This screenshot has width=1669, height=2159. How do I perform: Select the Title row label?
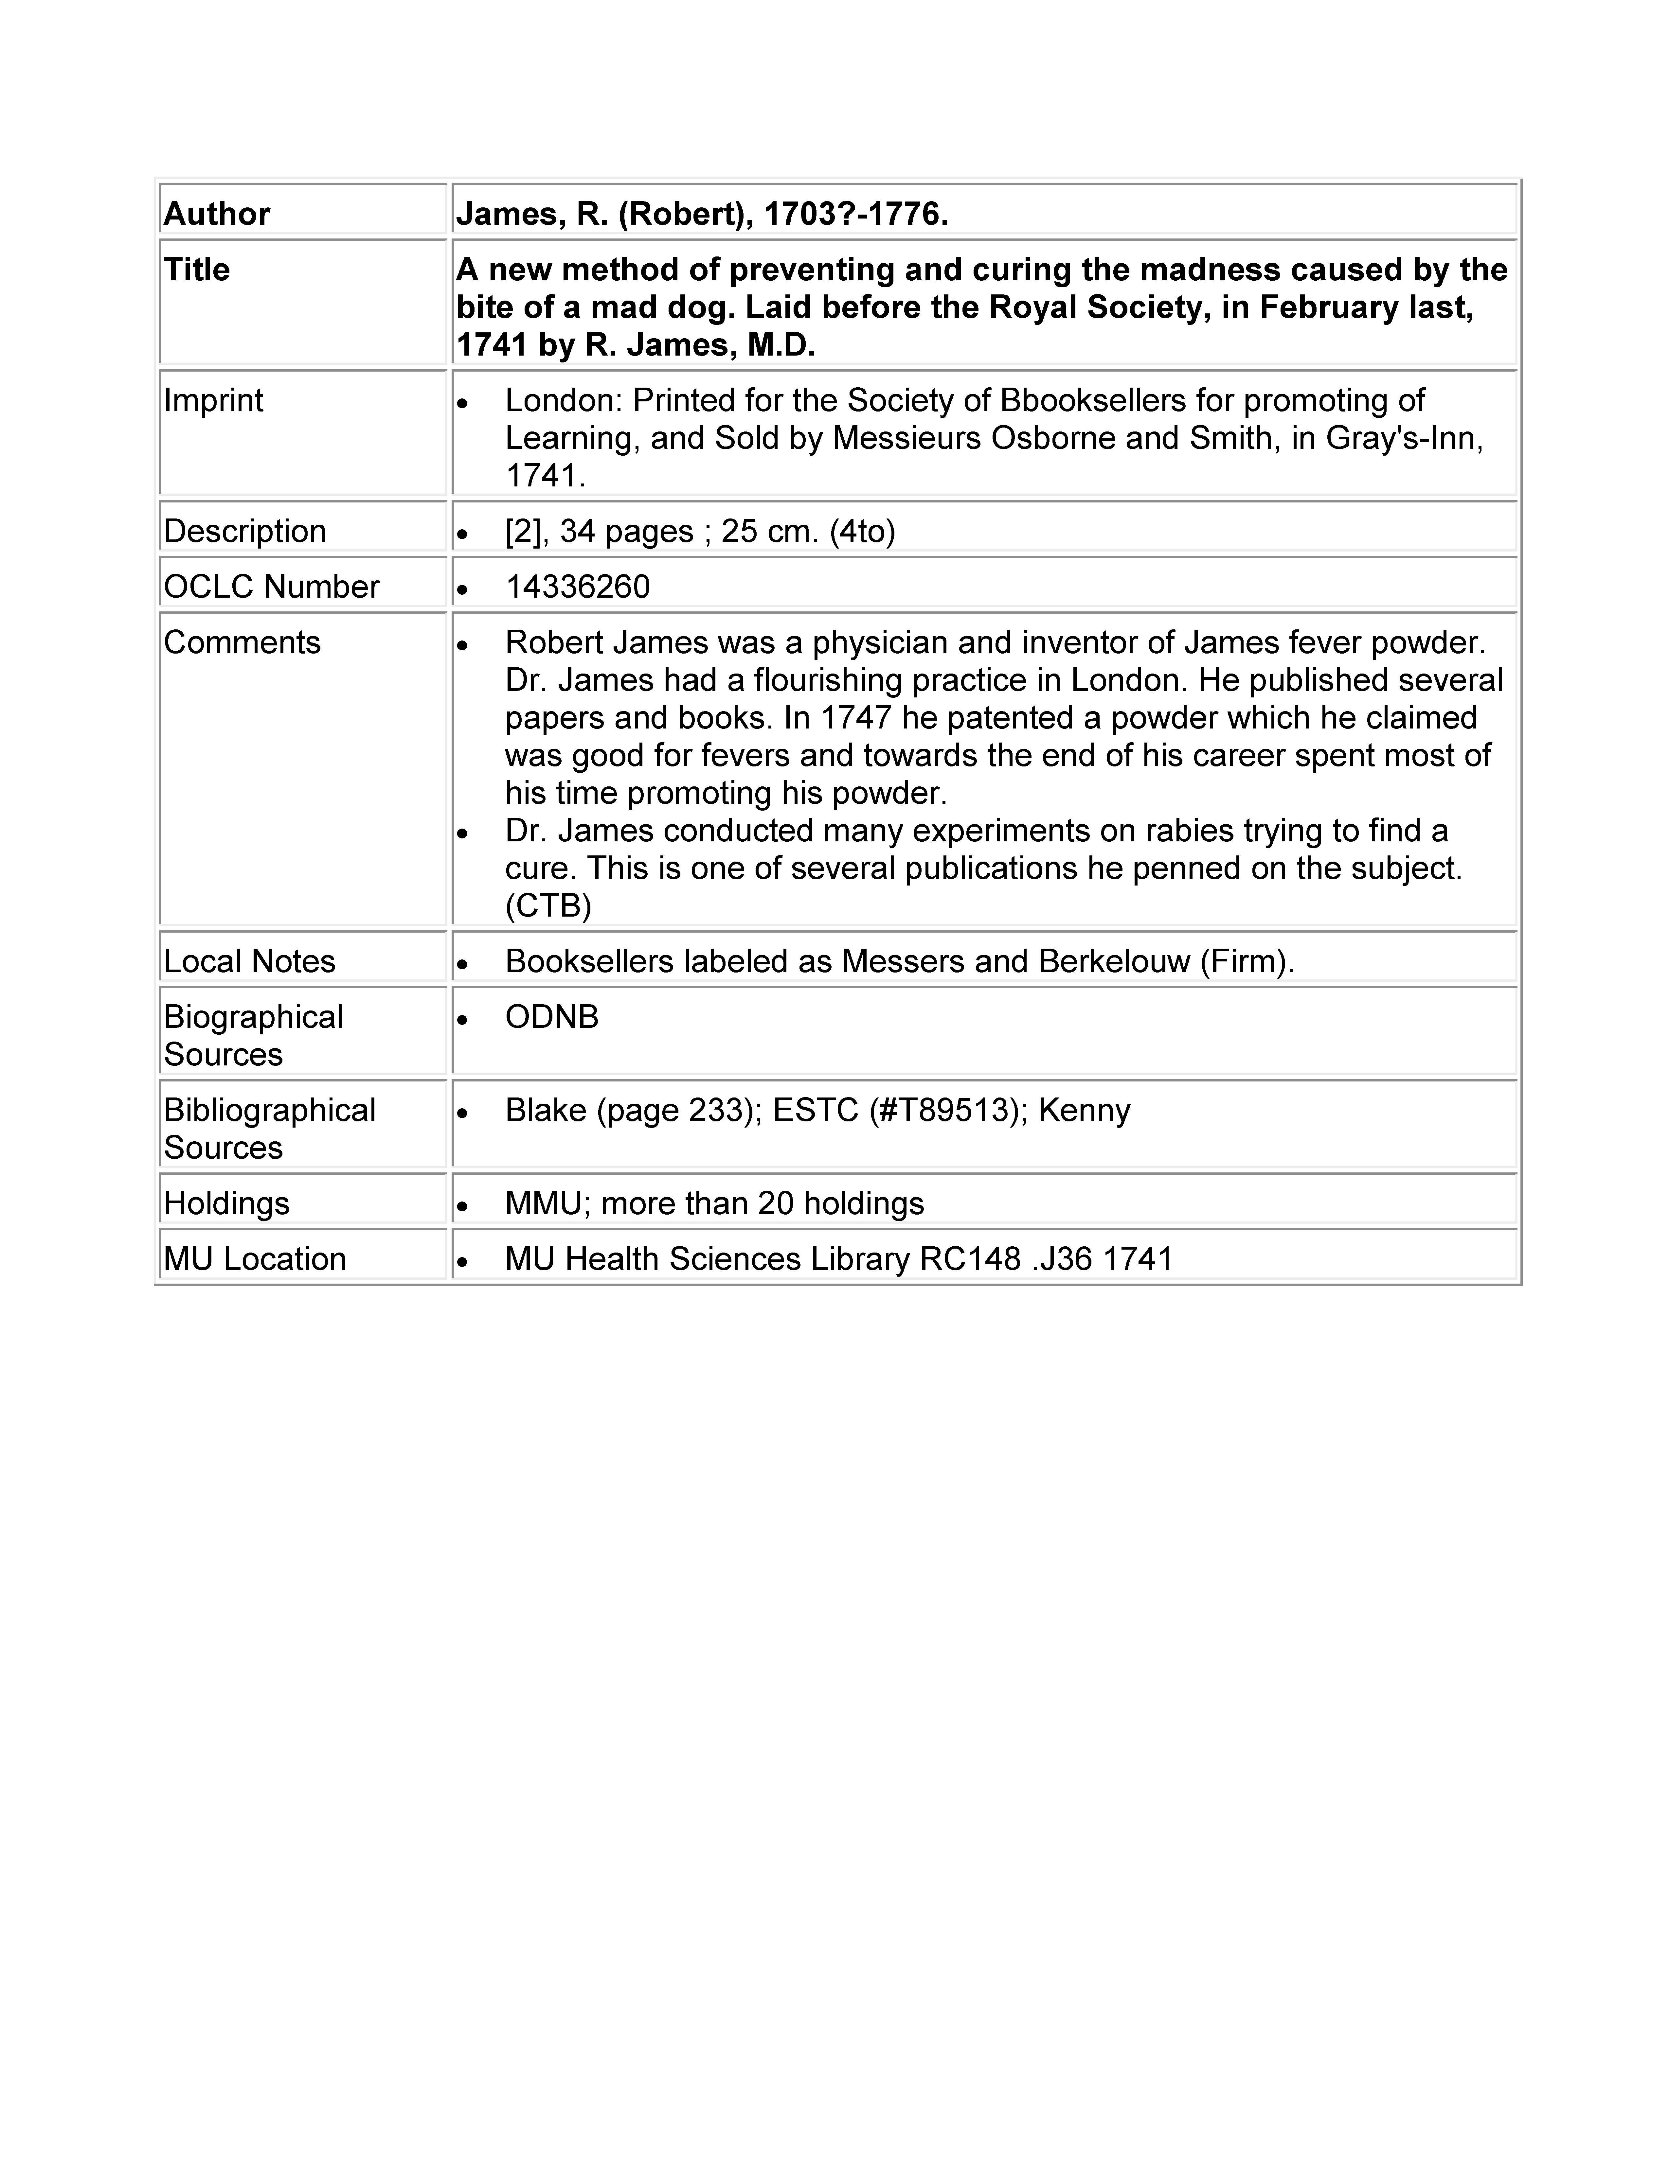pyautogui.click(x=197, y=270)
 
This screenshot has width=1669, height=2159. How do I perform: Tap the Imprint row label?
pyautogui.click(x=214, y=400)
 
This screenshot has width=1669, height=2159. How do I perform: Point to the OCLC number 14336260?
pyautogui.click(x=577, y=587)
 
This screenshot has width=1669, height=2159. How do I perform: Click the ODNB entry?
pyautogui.click(x=552, y=1017)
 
